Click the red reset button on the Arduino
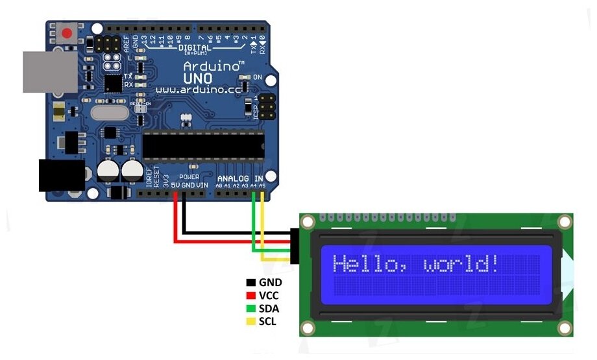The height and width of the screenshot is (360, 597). (66, 33)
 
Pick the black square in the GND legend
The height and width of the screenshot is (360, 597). (250, 283)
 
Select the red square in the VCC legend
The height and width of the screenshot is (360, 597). (250, 296)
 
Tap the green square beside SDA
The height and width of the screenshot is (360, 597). (250, 308)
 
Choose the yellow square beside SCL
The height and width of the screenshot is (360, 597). (250, 321)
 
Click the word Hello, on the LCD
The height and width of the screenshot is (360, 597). (369, 264)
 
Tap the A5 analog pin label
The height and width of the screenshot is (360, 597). (262, 186)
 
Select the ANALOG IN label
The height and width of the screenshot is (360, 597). (240, 178)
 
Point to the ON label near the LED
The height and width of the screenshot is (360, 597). (257, 78)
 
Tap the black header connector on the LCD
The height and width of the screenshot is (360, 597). (295, 246)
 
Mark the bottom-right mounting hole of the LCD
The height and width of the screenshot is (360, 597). (565, 327)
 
